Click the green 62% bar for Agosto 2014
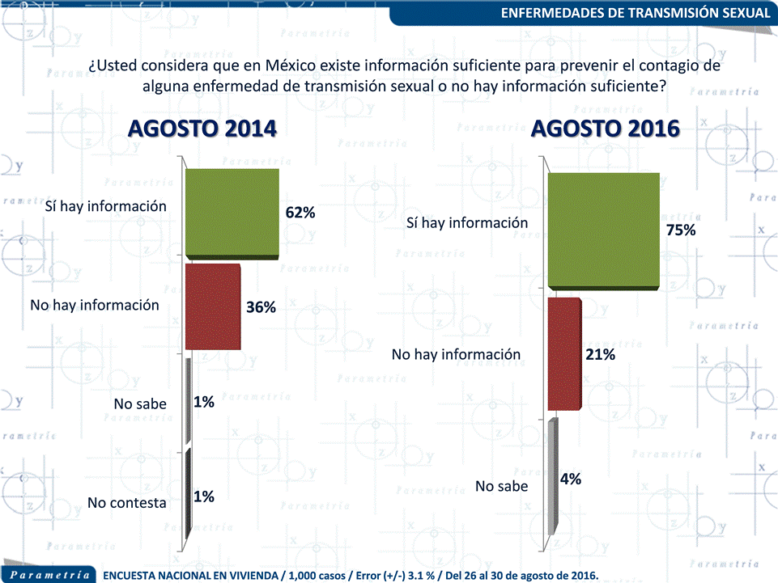(232, 213)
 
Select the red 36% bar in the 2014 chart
(214, 306)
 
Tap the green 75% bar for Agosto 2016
(603, 230)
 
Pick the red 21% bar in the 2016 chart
(564, 354)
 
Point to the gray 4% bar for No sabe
(553, 477)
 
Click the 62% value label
(300, 213)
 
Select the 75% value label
(681, 230)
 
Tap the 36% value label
(261, 307)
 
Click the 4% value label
(571, 479)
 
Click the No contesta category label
(127, 503)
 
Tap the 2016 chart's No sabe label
(501, 486)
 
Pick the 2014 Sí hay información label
(105, 206)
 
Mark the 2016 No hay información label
(456, 354)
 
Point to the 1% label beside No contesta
(203, 497)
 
